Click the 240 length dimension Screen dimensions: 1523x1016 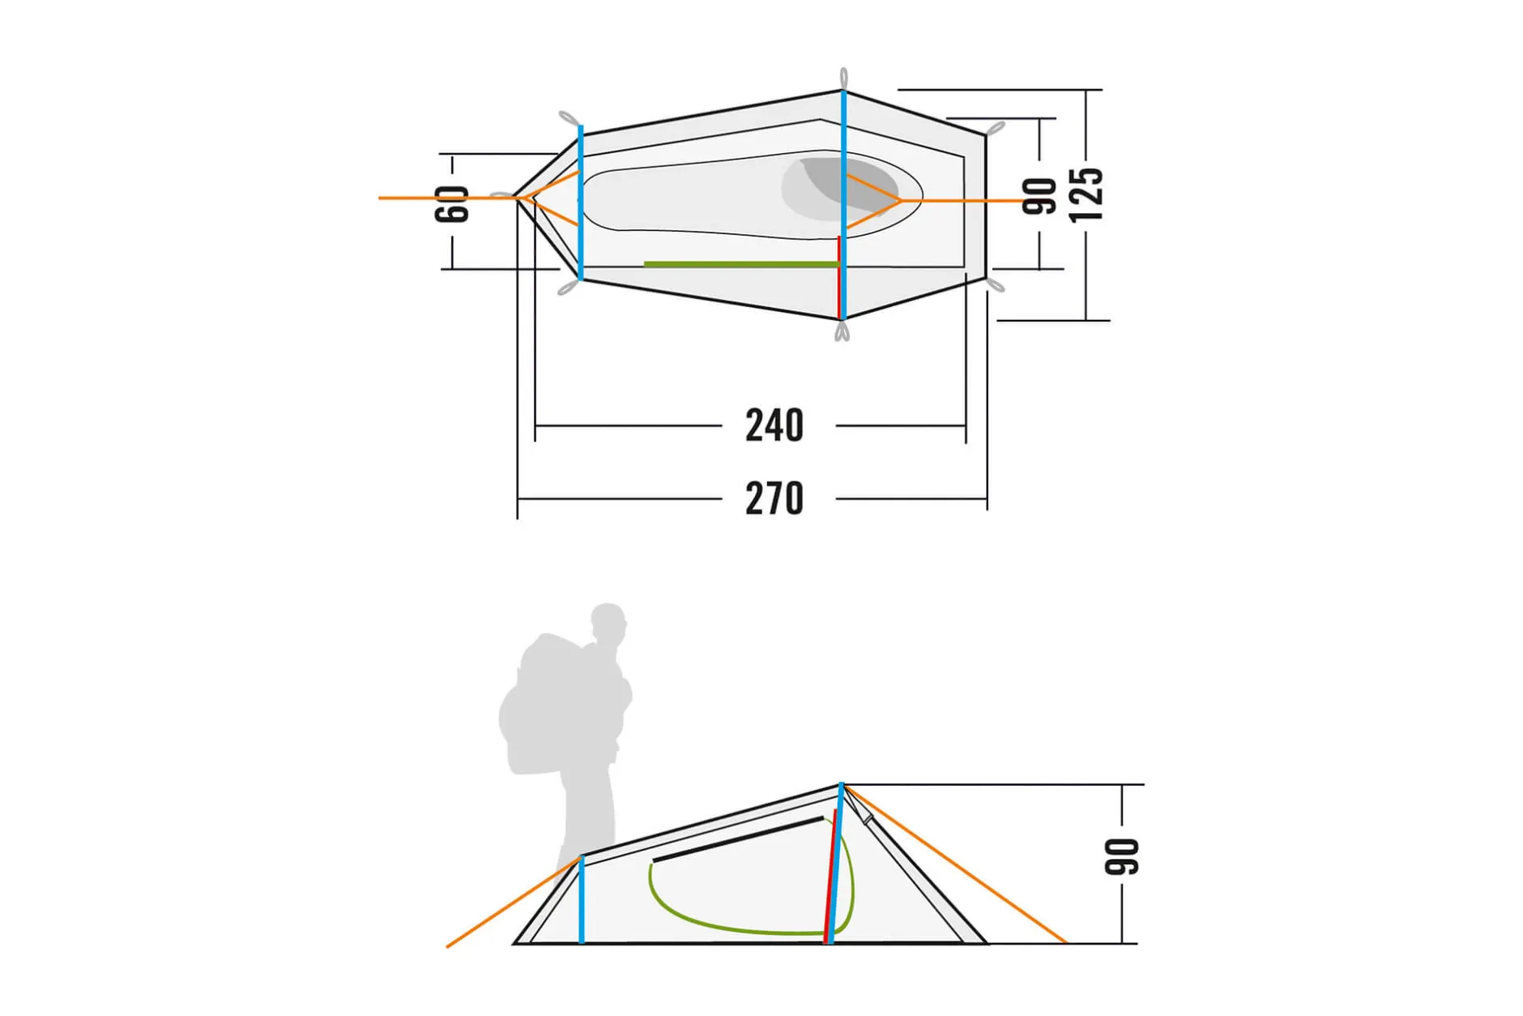click(774, 425)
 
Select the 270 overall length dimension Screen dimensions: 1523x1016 click(774, 498)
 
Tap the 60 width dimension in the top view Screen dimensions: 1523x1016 click(452, 203)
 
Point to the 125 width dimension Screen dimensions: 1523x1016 click(1086, 194)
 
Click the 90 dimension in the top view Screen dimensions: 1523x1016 click(1039, 197)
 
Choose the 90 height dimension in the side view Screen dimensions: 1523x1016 click(1122, 857)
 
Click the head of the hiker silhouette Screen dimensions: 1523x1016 click(608, 622)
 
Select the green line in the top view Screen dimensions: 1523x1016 click(741, 264)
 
